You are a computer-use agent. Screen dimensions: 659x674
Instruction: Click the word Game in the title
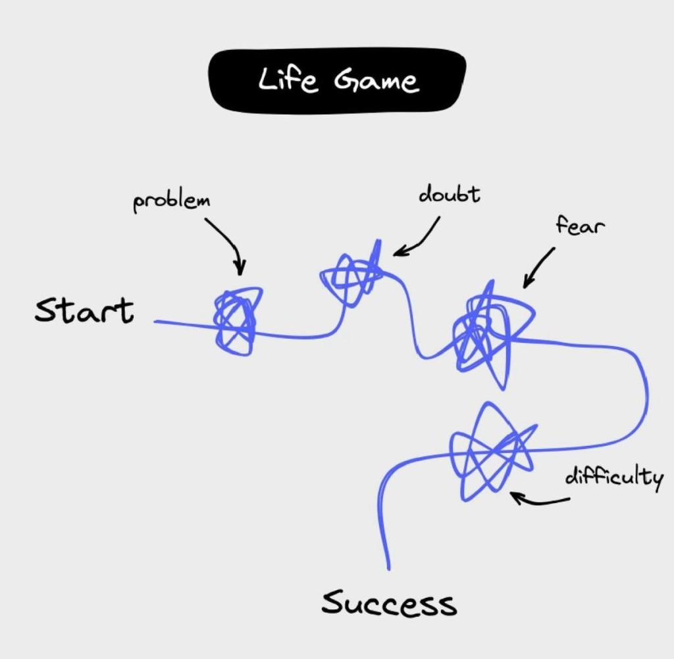click(x=376, y=81)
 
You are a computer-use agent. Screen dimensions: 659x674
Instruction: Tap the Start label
click(x=84, y=310)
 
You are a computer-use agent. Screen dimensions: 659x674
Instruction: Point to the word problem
click(x=171, y=201)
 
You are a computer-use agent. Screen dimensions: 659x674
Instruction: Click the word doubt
click(x=450, y=195)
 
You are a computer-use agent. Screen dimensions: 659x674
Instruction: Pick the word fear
click(x=580, y=226)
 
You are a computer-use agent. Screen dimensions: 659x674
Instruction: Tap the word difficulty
click(x=614, y=476)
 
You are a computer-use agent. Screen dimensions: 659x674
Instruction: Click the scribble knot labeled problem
click(x=235, y=322)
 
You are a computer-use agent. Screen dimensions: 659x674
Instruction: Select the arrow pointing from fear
click(x=538, y=268)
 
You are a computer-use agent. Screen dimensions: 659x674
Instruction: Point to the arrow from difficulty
click(x=540, y=501)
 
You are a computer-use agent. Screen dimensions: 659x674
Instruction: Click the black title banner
click(x=337, y=80)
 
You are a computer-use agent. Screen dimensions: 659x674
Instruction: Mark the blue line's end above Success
click(x=388, y=567)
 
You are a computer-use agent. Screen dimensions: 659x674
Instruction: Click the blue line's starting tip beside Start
click(x=157, y=322)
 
